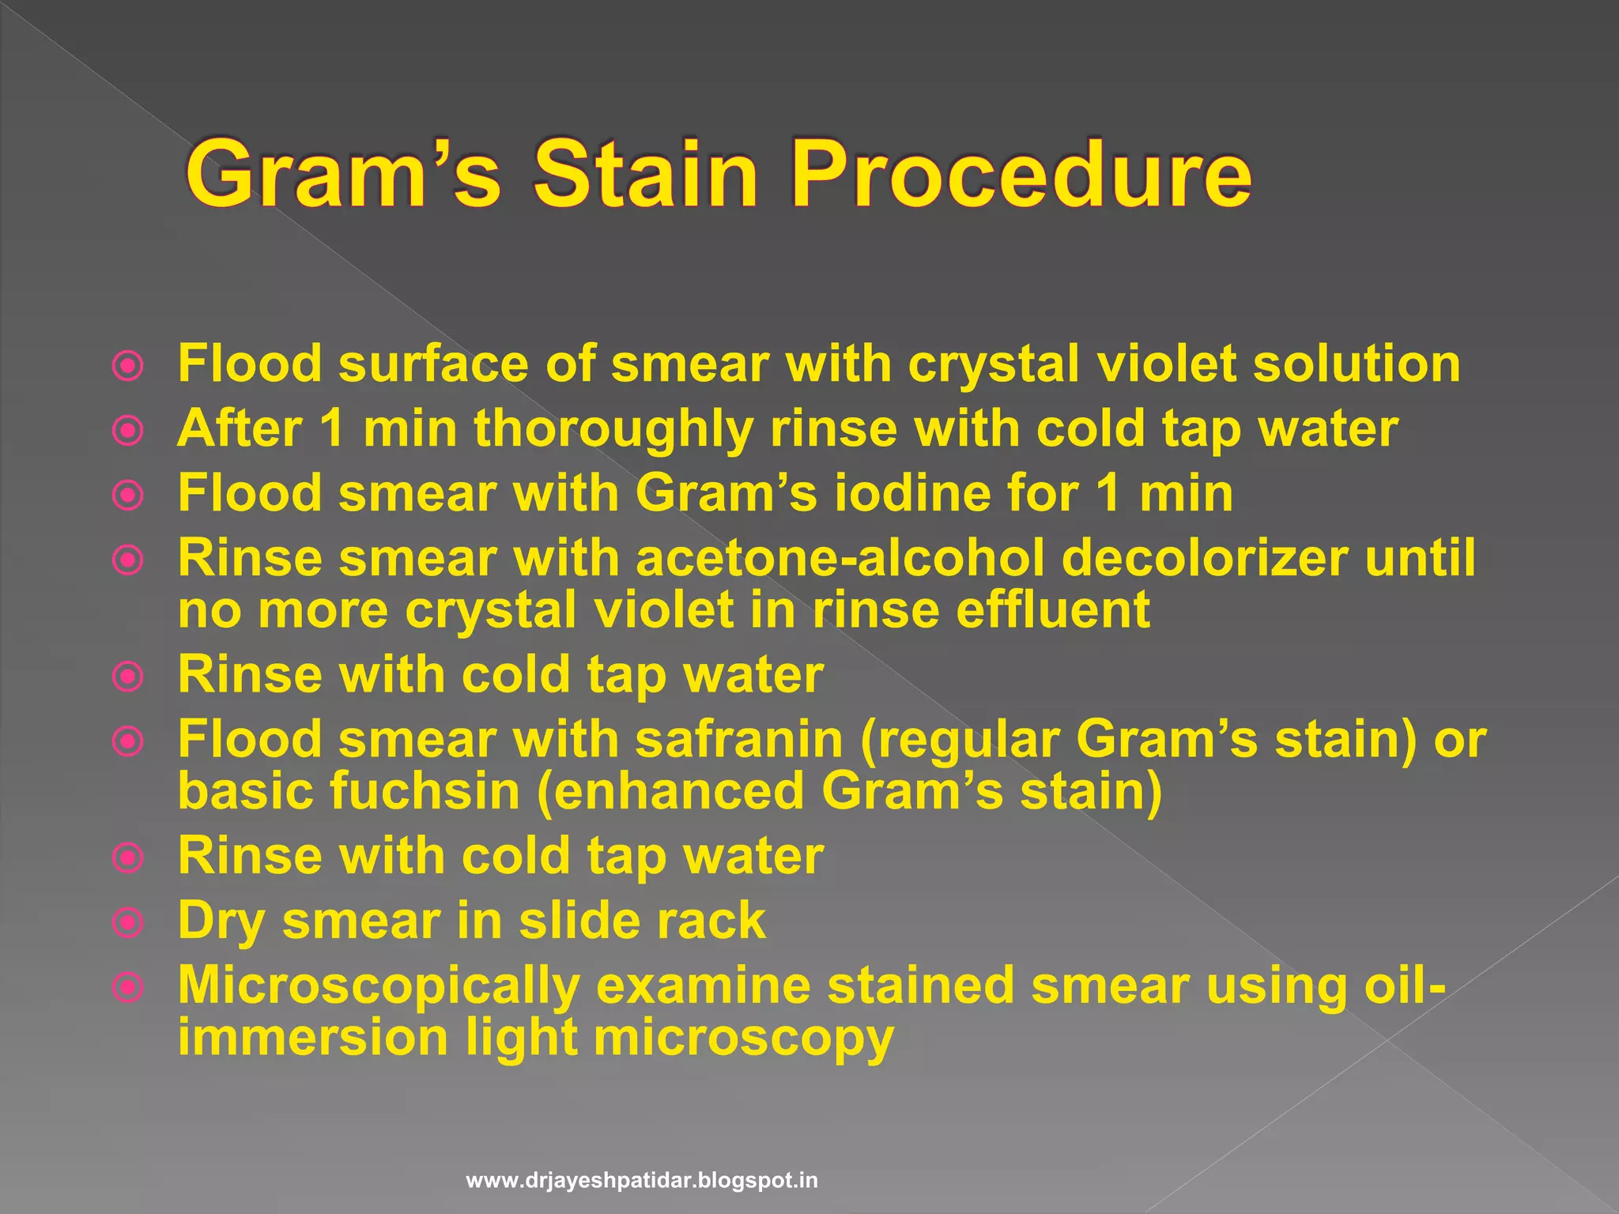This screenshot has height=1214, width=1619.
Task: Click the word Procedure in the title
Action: pos(1021,175)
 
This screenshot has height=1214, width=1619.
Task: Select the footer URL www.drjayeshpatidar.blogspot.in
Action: pos(642,1181)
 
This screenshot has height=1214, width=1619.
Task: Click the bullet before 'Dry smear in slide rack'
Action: pos(128,922)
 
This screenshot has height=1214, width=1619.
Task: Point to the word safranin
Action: pos(739,741)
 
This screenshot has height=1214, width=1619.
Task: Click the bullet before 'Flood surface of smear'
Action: pos(128,366)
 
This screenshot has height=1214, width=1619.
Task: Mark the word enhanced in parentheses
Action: pos(678,791)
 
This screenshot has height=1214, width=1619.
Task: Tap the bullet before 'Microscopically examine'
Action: pos(128,987)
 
